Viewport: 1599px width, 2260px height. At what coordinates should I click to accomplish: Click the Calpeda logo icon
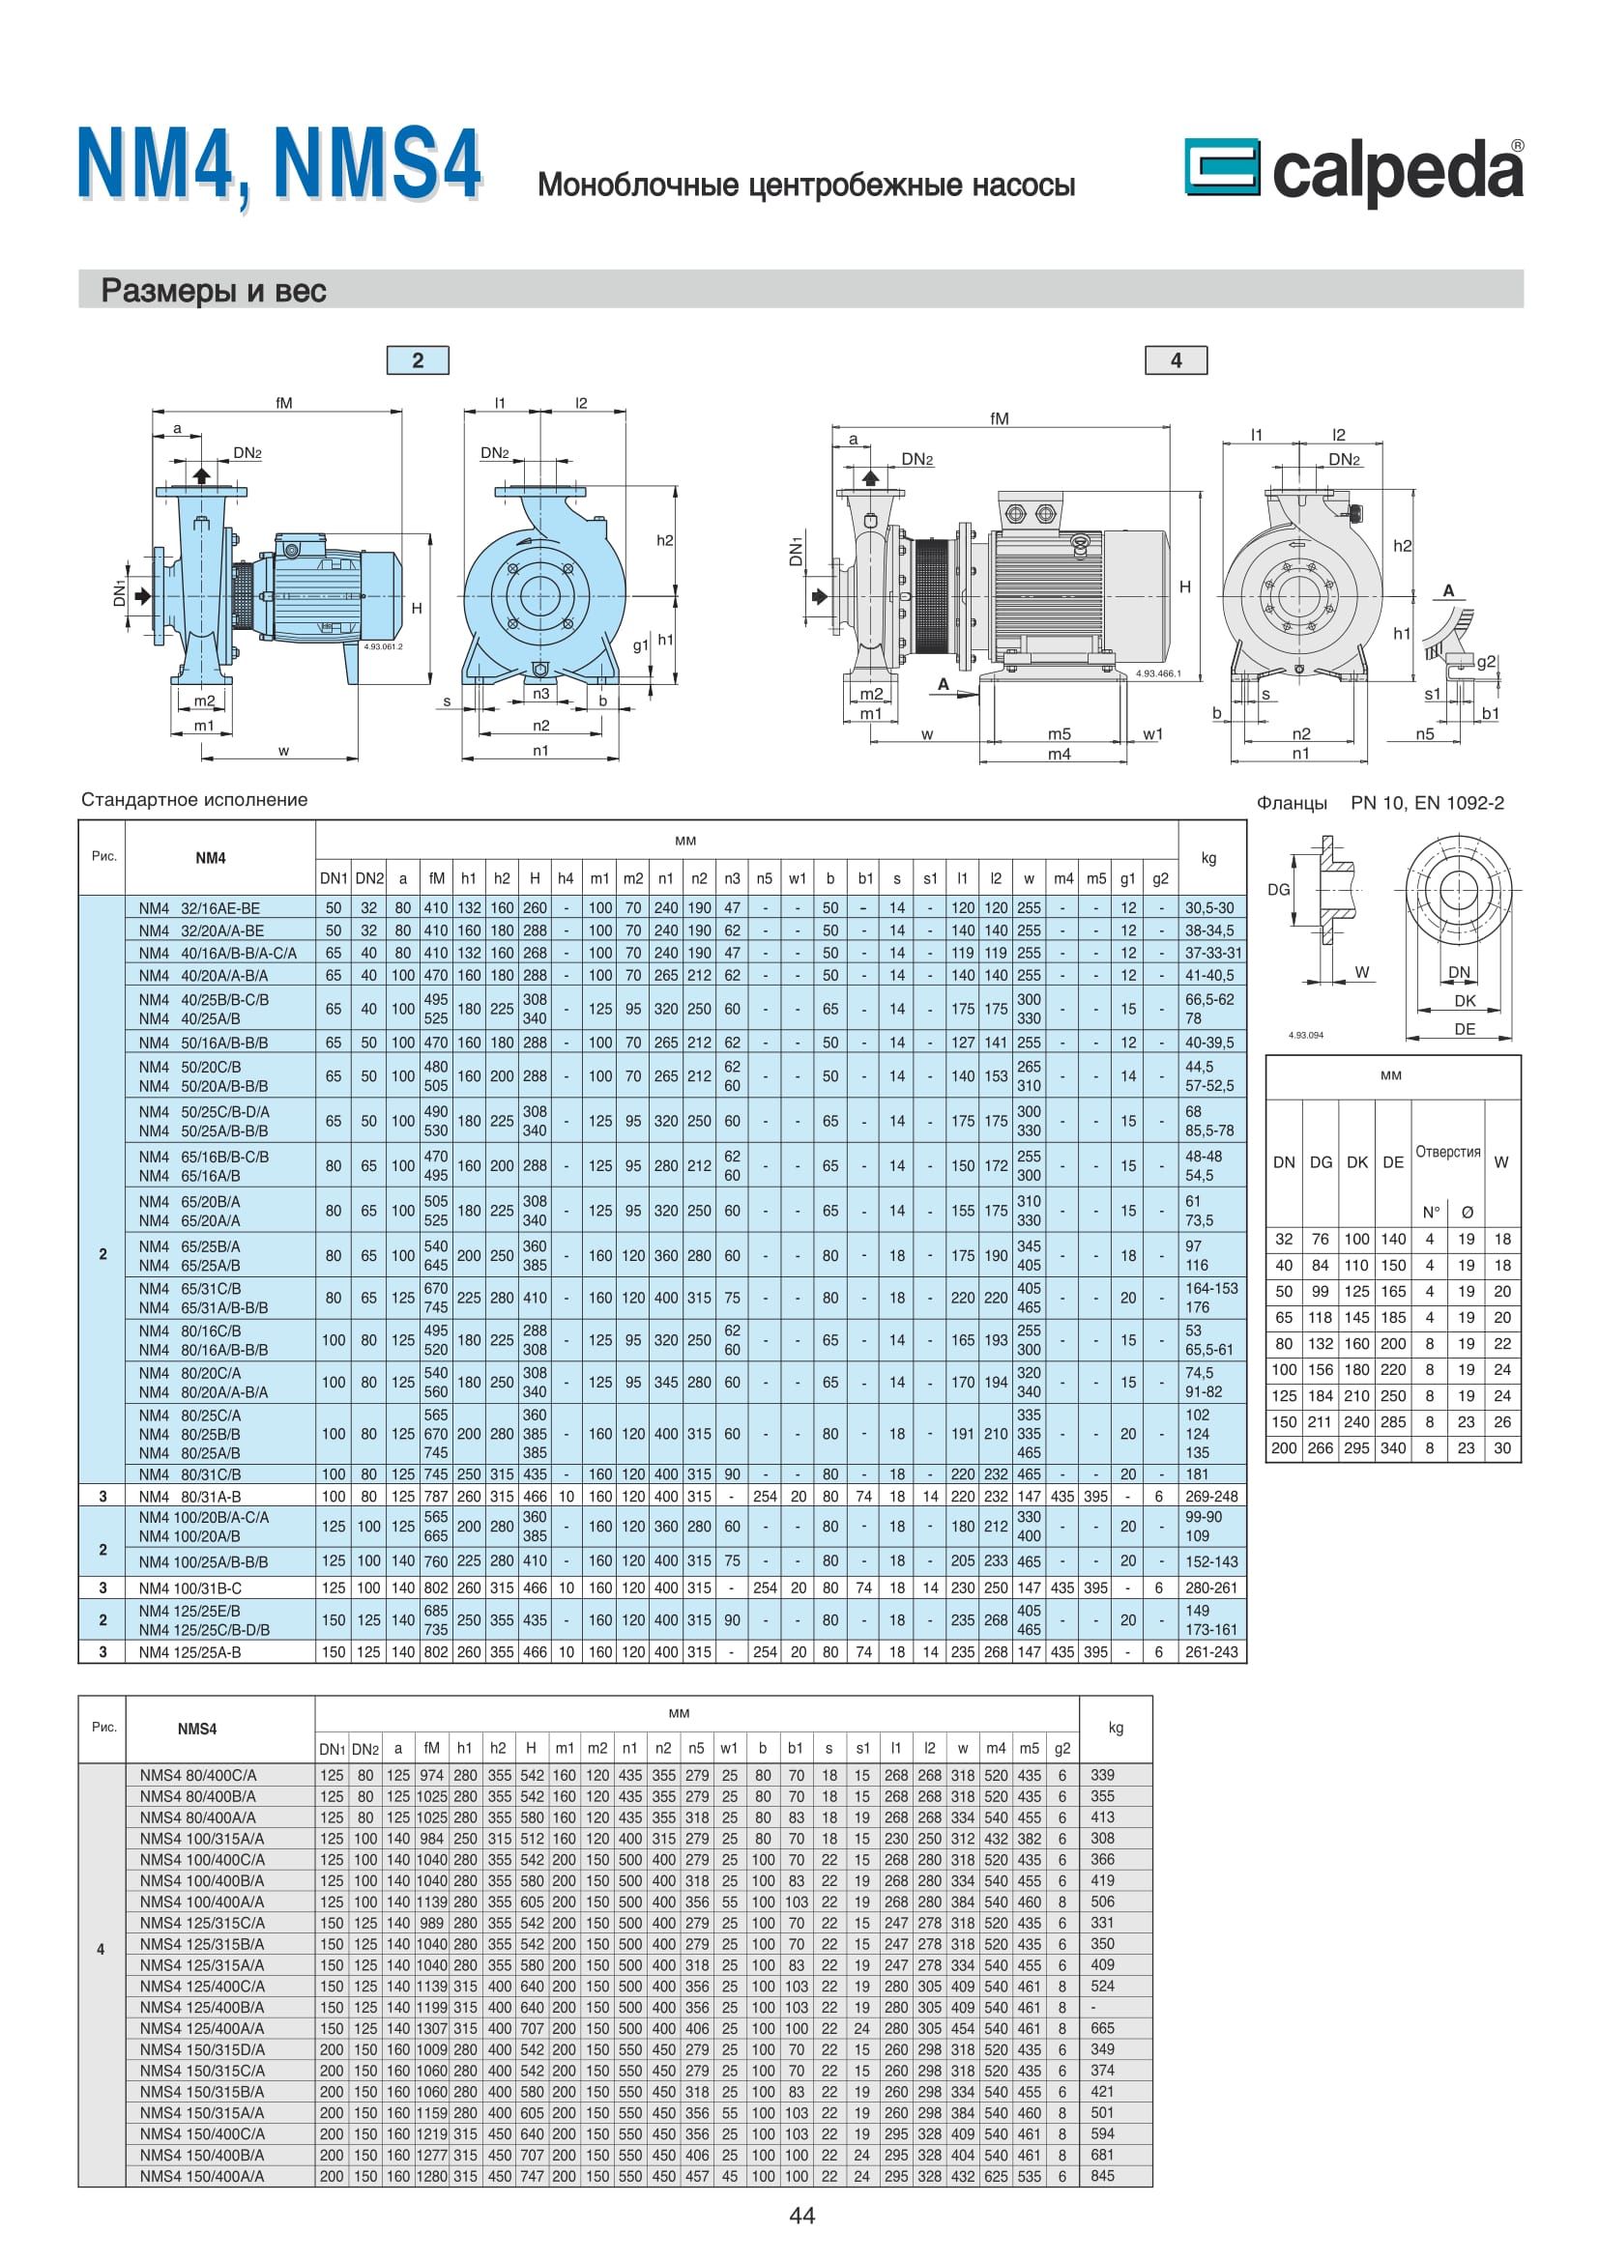[1221, 166]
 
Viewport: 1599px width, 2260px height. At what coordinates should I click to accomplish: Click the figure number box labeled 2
[418, 360]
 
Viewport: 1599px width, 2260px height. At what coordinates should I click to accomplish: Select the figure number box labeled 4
[1176, 360]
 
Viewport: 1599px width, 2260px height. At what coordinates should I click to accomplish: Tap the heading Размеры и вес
[214, 291]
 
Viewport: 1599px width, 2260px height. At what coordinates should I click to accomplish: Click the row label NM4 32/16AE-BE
[199, 907]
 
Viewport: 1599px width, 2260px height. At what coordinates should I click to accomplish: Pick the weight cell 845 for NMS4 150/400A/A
[1103, 2175]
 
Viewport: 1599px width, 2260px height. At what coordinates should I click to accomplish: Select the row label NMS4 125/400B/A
[201, 2007]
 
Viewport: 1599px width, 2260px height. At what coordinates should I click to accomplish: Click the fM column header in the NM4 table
[436, 878]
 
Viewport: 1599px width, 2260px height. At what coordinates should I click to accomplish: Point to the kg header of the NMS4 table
[1116, 1728]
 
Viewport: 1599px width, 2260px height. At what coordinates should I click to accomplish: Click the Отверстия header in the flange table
[1447, 1151]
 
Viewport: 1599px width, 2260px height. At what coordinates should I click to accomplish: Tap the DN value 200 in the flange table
[1283, 1448]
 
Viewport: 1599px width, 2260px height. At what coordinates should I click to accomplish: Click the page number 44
[801, 2215]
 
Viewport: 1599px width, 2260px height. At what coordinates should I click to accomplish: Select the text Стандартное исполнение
[194, 799]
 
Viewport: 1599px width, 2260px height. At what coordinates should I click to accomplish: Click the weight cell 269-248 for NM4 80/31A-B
[1211, 1496]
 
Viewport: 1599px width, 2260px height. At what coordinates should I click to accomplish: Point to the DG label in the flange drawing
[1278, 889]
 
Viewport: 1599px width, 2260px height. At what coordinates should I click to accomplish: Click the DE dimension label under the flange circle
[1464, 1029]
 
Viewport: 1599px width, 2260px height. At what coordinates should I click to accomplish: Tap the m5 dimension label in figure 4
[1059, 733]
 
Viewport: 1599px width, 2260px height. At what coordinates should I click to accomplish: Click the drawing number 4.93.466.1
[1158, 673]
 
